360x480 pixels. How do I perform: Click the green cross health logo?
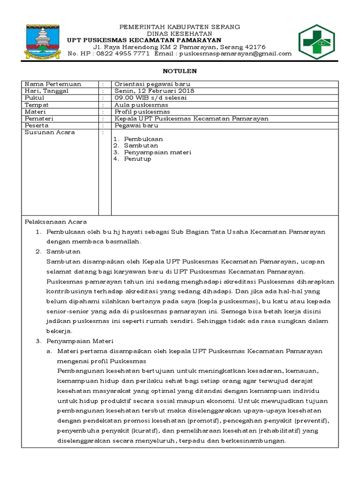(x=316, y=42)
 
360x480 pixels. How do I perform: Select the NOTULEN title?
(x=180, y=71)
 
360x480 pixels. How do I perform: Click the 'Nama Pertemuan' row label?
(x=53, y=84)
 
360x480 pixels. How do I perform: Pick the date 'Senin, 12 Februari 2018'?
(x=154, y=91)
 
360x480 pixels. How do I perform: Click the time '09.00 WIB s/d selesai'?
(x=150, y=98)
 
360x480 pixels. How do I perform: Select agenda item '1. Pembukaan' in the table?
(x=138, y=139)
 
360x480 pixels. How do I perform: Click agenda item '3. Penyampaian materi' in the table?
(x=152, y=152)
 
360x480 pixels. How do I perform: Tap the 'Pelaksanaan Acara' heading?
(x=55, y=222)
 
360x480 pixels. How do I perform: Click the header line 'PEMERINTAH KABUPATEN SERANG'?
(x=180, y=27)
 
